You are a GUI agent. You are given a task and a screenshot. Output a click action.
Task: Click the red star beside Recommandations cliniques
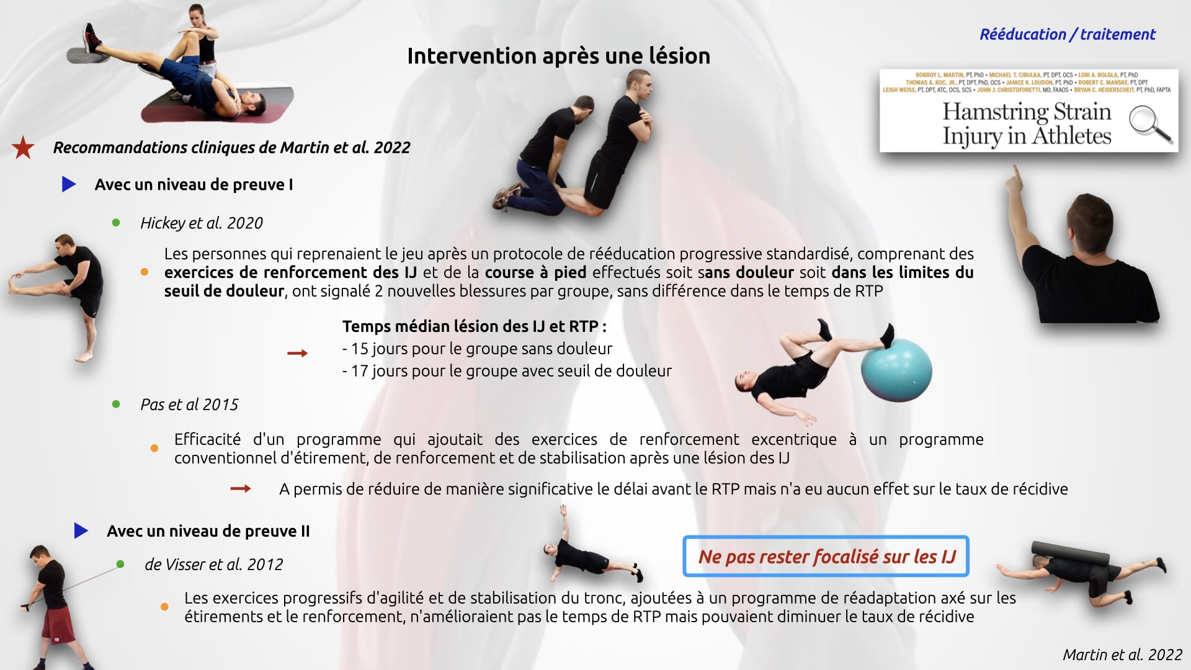(24, 148)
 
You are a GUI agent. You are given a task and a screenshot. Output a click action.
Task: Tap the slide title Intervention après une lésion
(558, 56)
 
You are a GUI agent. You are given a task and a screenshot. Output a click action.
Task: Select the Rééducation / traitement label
(1067, 35)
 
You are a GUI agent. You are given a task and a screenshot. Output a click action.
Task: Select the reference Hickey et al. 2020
(202, 223)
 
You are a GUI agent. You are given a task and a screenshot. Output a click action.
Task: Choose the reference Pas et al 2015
(189, 404)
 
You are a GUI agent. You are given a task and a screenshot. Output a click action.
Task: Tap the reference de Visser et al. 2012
(213, 565)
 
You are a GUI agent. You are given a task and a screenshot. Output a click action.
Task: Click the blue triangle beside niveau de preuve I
(69, 184)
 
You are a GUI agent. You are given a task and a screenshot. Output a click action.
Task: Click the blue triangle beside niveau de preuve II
(81, 530)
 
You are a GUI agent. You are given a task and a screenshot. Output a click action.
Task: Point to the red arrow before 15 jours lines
(298, 354)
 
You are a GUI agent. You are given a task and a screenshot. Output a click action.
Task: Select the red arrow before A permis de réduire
(241, 489)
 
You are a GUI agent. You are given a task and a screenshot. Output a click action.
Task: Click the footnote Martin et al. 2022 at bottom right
(1123, 654)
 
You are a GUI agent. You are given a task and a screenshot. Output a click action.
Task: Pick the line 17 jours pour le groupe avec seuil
(507, 371)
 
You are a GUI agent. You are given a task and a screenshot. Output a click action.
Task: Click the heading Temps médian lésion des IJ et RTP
(475, 326)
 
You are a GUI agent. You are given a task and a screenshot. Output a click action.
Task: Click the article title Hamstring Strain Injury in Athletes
(1027, 123)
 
